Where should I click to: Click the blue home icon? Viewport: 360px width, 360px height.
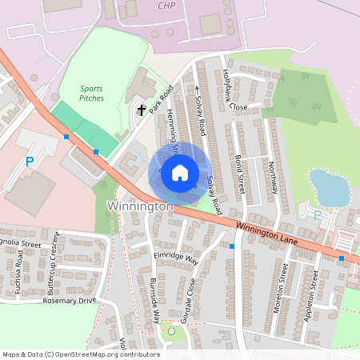click(180, 172)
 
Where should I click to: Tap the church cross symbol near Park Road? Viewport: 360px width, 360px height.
click(142, 109)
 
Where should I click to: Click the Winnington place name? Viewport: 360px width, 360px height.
click(139, 206)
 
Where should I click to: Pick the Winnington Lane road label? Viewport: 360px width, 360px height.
click(266, 233)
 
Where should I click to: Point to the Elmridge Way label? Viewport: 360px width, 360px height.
click(174, 256)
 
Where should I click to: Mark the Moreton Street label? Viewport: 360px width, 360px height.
click(282, 291)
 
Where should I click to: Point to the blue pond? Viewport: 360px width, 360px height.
click(329, 186)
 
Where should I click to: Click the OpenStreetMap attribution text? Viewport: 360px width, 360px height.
click(81, 354)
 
